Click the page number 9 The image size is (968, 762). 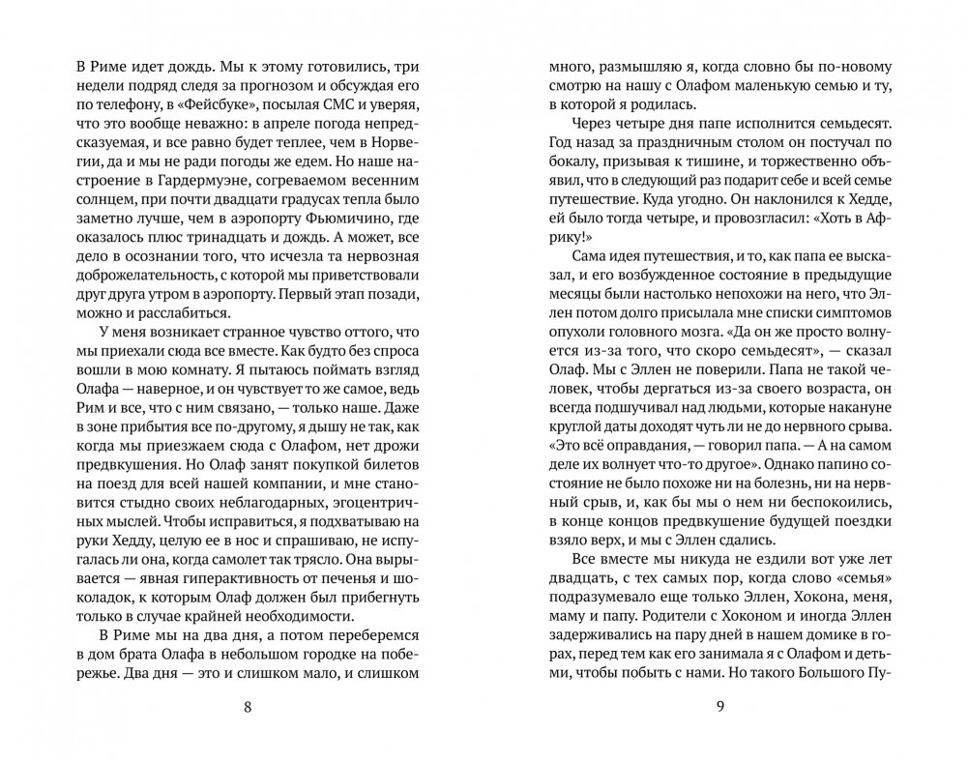point(720,707)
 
